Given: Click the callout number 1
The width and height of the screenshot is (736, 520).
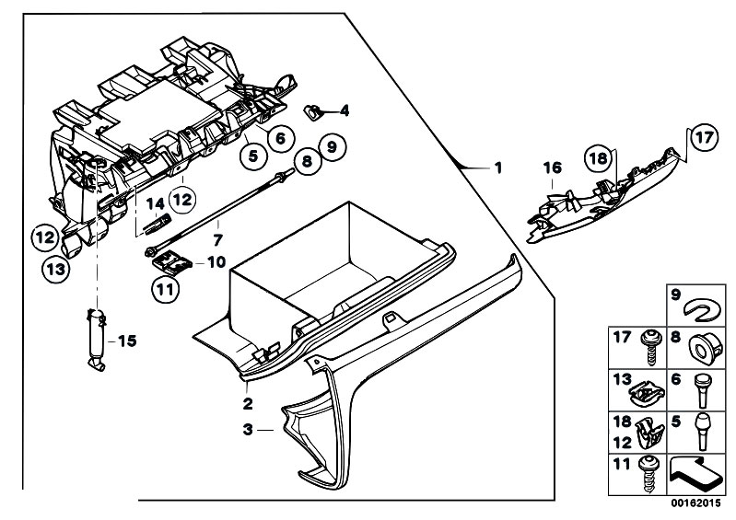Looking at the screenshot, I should [x=498, y=168].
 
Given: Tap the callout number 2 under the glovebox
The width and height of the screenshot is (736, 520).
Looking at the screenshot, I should [x=247, y=403].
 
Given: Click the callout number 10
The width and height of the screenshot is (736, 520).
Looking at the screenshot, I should [x=216, y=261].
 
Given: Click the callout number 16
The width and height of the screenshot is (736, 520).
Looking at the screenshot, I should [x=552, y=168].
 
